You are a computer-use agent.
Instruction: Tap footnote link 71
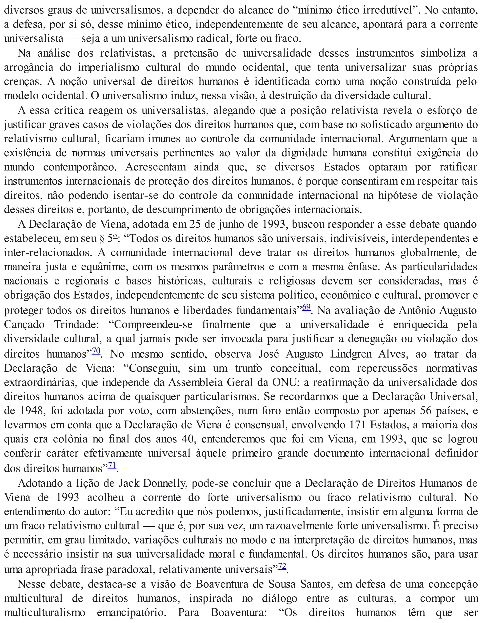(x=112, y=465)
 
